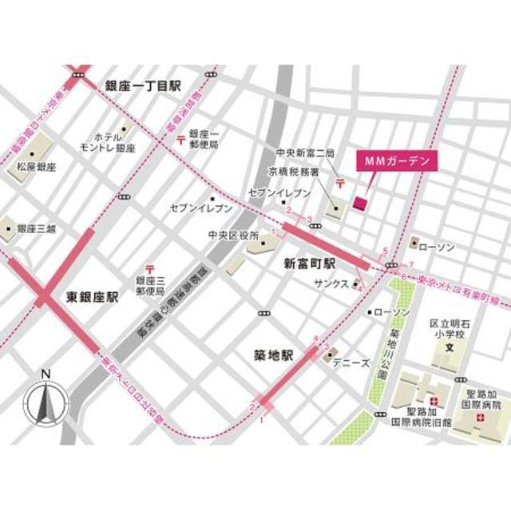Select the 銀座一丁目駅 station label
click(x=144, y=85)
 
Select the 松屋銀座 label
click(x=36, y=167)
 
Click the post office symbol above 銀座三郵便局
click(x=149, y=270)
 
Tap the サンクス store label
click(x=331, y=283)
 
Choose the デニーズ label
click(x=351, y=362)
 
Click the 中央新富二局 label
click(x=304, y=153)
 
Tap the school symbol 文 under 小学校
click(x=449, y=348)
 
